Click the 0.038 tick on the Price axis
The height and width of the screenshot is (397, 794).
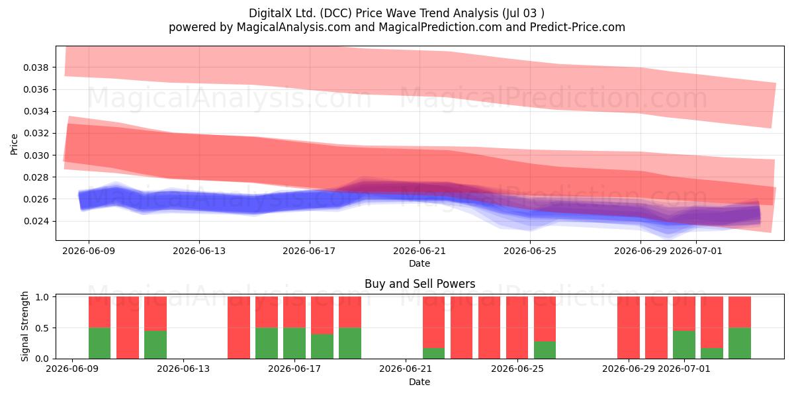click(x=35, y=67)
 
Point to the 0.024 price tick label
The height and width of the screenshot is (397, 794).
click(x=35, y=221)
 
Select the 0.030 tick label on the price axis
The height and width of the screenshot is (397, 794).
click(x=35, y=155)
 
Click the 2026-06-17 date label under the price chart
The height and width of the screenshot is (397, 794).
click(x=309, y=251)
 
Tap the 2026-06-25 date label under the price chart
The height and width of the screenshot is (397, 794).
click(x=530, y=251)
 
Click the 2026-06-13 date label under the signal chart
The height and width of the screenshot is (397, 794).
click(x=183, y=369)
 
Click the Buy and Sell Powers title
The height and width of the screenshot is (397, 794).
click(x=419, y=284)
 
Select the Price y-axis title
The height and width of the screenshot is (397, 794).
click(x=14, y=144)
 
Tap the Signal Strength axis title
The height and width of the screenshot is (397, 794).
click(x=24, y=326)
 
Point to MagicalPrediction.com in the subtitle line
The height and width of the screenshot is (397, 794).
click(x=440, y=27)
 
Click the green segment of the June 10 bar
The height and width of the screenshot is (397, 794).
click(x=100, y=343)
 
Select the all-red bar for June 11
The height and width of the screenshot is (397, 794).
click(x=128, y=328)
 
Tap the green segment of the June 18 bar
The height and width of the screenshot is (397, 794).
click(x=322, y=346)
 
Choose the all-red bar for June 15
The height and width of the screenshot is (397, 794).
click(x=239, y=328)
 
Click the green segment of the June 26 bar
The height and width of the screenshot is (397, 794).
click(x=545, y=350)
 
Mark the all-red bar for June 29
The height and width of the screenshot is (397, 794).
click(x=629, y=328)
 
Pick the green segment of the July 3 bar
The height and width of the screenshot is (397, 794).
click(x=740, y=343)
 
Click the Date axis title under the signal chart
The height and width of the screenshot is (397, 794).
click(x=419, y=382)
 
